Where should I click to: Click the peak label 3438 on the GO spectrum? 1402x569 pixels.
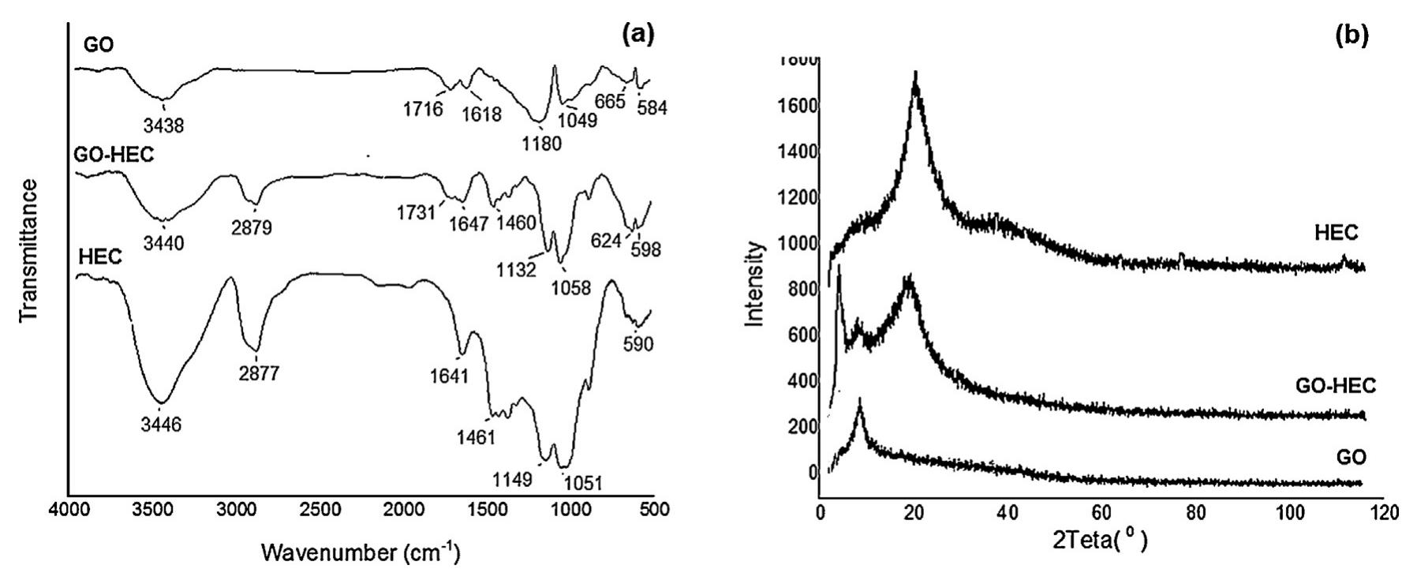click(163, 125)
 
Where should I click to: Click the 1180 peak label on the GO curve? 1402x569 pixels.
click(540, 144)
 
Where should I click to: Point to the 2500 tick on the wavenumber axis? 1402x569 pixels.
click(319, 509)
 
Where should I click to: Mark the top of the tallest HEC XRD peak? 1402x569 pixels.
click(915, 73)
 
